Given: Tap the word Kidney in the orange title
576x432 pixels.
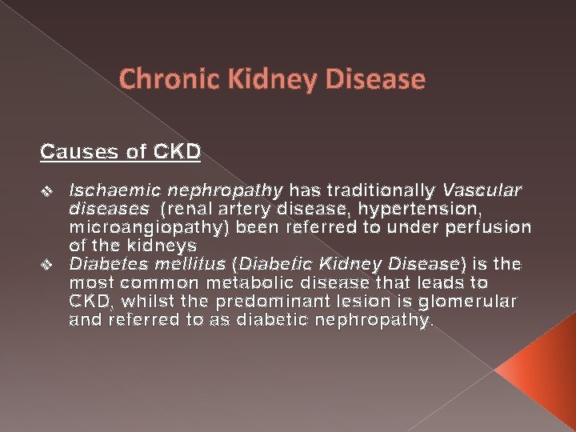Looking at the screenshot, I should (x=251, y=80).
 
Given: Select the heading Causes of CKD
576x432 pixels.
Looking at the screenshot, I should (x=120, y=150).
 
